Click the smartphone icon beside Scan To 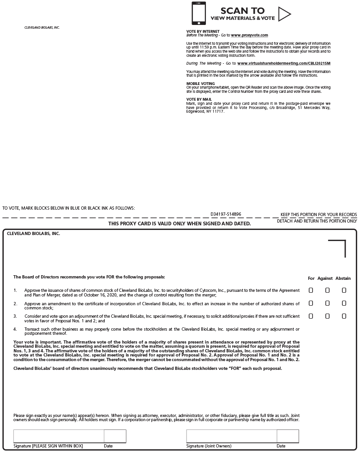pos(198,13)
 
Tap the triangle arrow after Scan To pos(284,14)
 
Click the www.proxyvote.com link pos(249,35)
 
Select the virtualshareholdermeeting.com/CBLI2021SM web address pos(284,63)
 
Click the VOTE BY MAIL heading pos(199,99)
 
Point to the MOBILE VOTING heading pos(200,84)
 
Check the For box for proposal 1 pos(311,290)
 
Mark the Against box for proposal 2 pos(327,303)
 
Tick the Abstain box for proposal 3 pos(344,316)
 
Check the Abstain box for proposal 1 pos(344,290)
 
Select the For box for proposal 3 pos(311,316)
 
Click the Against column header pos(325,278)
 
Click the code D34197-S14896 pos(226,214)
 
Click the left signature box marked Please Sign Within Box pos(59,436)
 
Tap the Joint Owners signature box pos(231,436)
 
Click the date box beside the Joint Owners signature pos(288,436)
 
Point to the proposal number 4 pos(15,329)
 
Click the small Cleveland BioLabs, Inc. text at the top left pos(42,28)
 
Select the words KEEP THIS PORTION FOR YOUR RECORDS pos(318,215)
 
